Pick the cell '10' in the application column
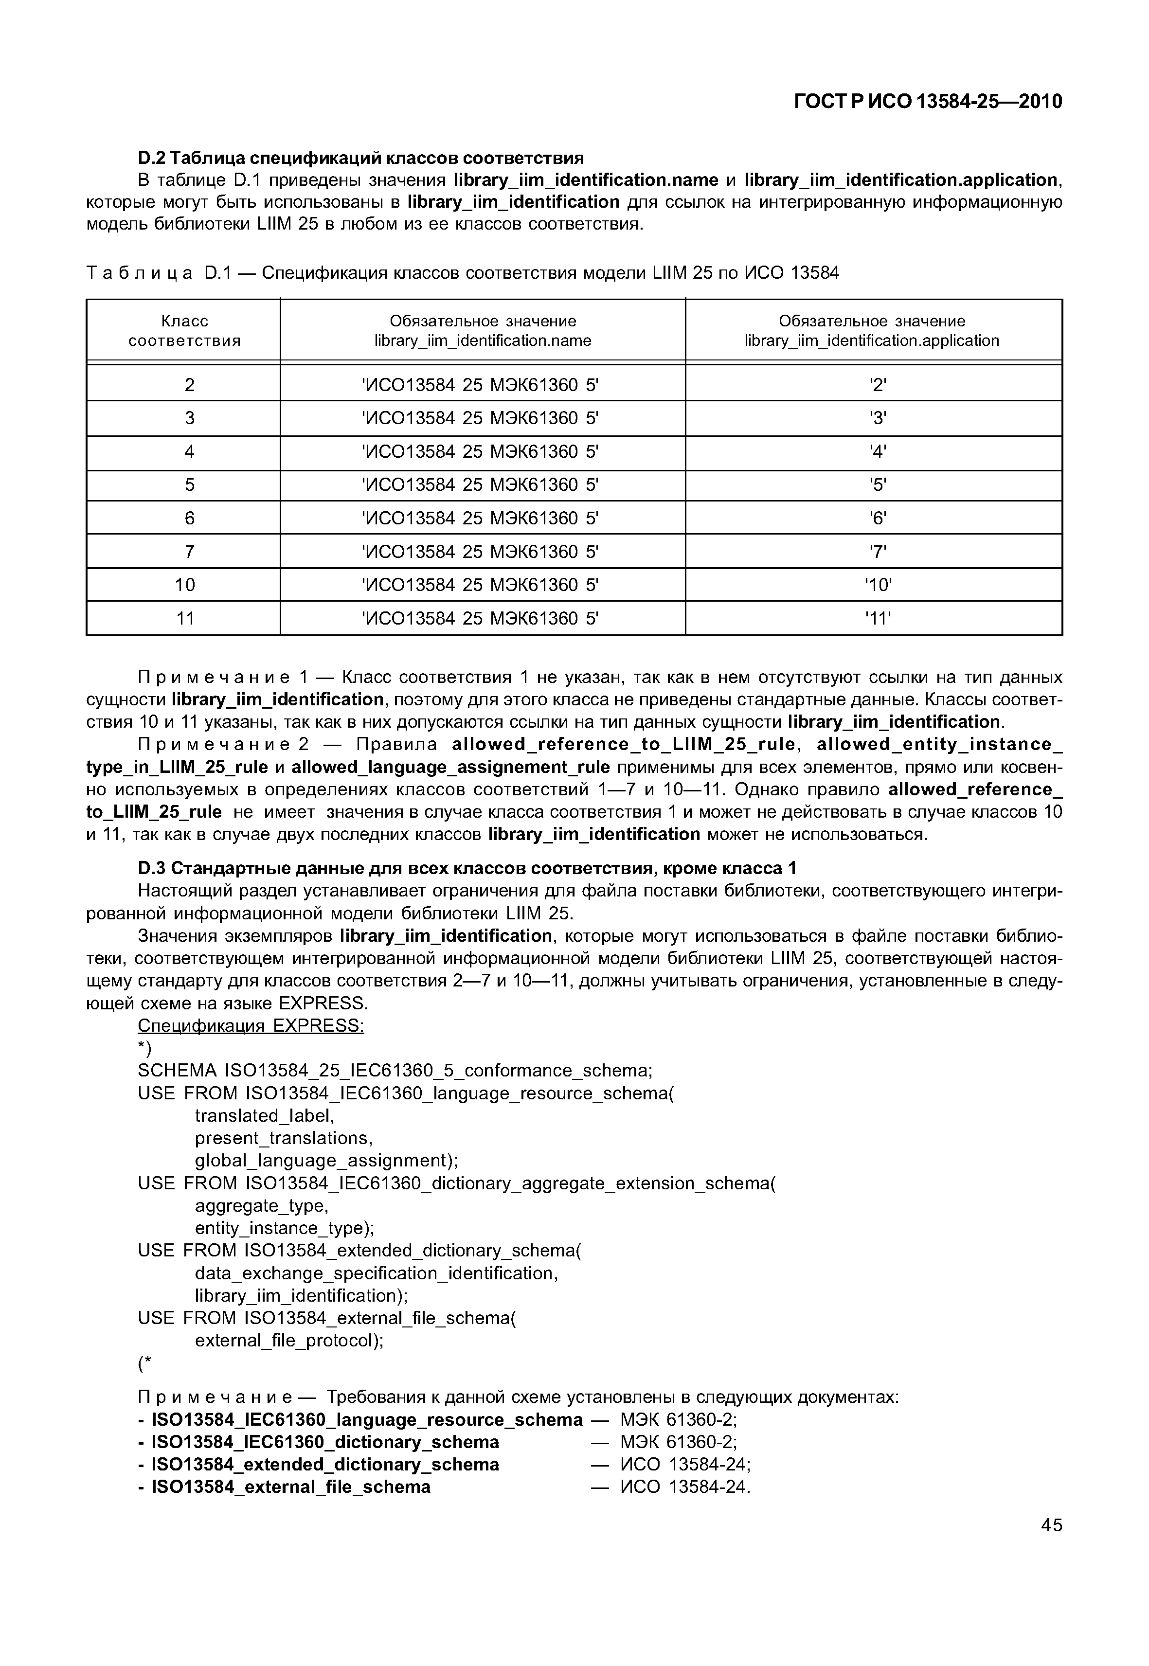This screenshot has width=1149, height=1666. [x=878, y=585]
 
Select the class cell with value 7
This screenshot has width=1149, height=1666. [x=189, y=552]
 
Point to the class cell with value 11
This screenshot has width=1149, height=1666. [x=186, y=618]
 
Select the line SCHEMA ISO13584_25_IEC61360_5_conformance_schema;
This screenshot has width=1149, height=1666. [x=395, y=1071]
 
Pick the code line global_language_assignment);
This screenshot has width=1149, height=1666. [x=326, y=1161]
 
